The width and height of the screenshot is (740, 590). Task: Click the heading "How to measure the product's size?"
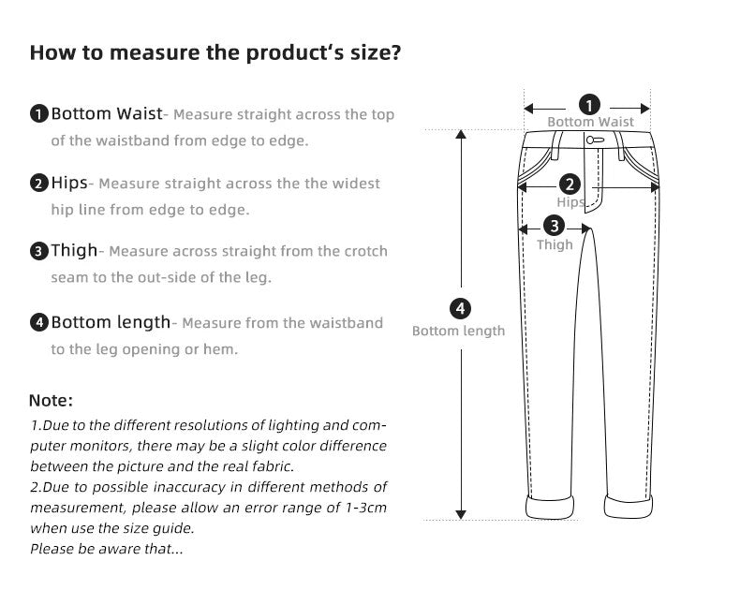pyautogui.click(x=215, y=52)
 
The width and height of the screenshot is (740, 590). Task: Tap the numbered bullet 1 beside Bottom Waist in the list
pyautogui.click(x=38, y=115)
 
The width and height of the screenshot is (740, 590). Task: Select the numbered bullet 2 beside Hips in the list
pyautogui.click(x=38, y=184)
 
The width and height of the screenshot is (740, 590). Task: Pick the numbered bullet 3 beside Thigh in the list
pyautogui.click(x=38, y=251)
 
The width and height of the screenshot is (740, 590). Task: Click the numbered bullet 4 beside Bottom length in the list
pyautogui.click(x=38, y=323)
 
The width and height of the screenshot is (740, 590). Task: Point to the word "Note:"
pyautogui.click(x=51, y=401)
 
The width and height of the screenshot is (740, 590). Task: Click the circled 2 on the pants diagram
pyautogui.click(x=570, y=185)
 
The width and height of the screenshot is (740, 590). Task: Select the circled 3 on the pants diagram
pyautogui.click(x=555, y=225)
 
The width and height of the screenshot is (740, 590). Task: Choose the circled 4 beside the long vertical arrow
pyautogui.click(x=459, y=308)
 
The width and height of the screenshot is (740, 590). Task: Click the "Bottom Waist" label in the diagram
pyautogui.click(x=590, y=123)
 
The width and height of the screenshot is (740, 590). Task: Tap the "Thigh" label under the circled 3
pyautogui.click(x=555, y=245)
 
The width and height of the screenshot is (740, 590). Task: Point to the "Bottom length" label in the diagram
pyautogui.click(x=458, y=331)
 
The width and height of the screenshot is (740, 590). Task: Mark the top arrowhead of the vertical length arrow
pyautogui.click(x=460, y=135)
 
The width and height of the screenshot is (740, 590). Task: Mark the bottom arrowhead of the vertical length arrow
pyautogui.click(x=460, y=513)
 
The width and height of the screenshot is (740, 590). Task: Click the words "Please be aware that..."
pyautogui.click(x=106, y=549)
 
